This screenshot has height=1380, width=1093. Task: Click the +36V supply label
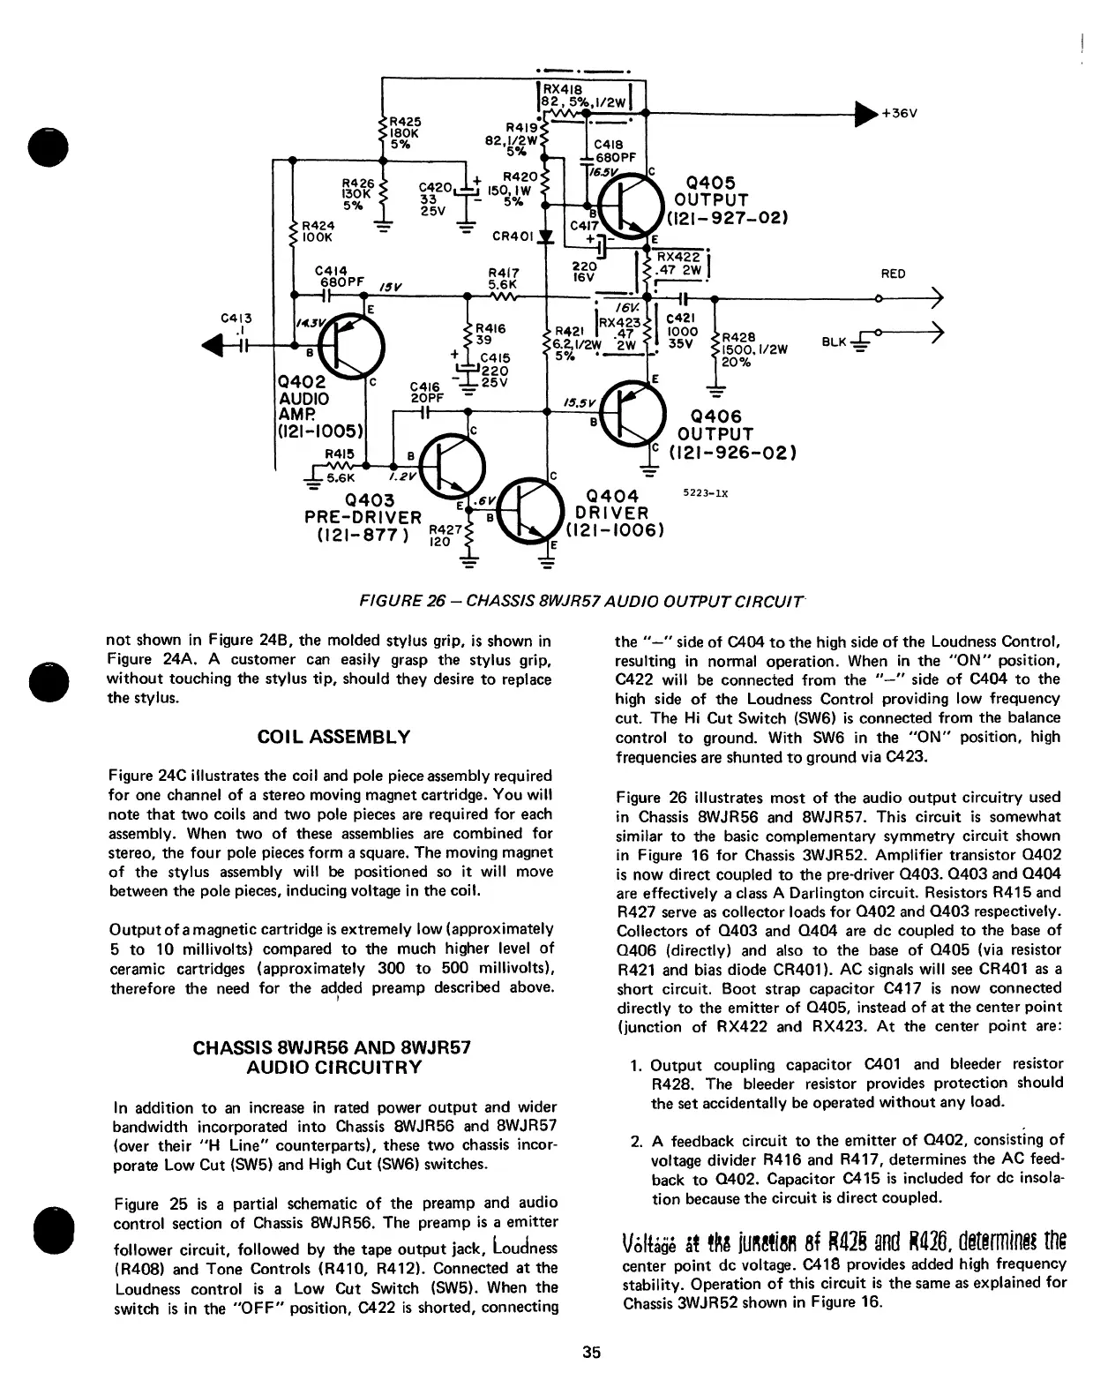[x=900, y=114]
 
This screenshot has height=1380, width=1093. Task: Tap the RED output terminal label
[x=893, y=274]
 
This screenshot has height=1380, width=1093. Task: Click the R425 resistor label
[x=406, y=121]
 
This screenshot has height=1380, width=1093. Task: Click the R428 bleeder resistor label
[x=738, y=336]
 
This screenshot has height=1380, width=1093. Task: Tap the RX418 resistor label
[x=561, y=89]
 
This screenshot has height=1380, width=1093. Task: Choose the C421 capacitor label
[x=680, y=319]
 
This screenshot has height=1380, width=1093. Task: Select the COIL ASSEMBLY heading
[x=332, y=737]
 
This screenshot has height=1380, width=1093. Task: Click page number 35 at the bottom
[x=591, y=1351]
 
